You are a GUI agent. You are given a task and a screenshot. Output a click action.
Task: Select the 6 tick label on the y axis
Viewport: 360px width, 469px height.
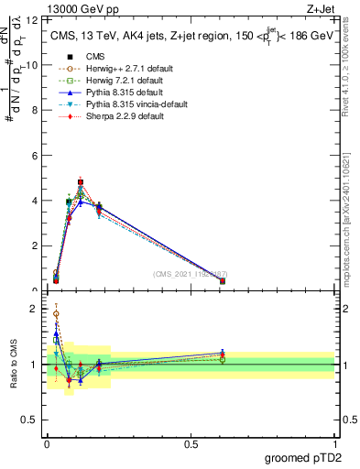coord(36,156)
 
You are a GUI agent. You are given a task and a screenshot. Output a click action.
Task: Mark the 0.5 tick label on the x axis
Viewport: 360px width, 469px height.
coord(191,445)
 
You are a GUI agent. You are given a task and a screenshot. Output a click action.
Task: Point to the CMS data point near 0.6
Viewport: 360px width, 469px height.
coord(223,281)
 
